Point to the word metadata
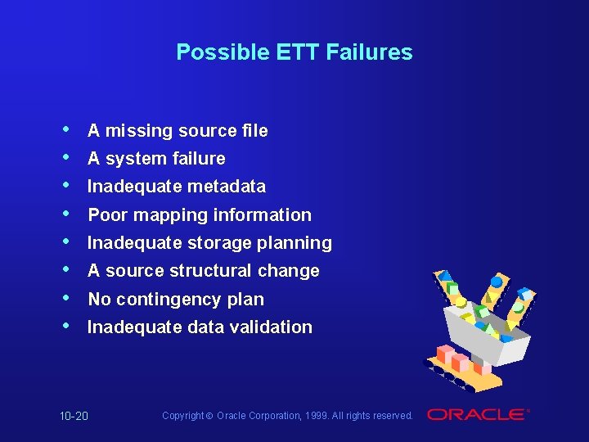point(226,187)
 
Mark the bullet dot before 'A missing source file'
point(65,130)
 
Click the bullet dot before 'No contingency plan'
point(65,299)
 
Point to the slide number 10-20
point(74,417)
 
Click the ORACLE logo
point(477,415)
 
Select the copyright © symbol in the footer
point(210,416)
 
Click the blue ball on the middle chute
point(496,282)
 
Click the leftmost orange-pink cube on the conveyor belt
point(445,354)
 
